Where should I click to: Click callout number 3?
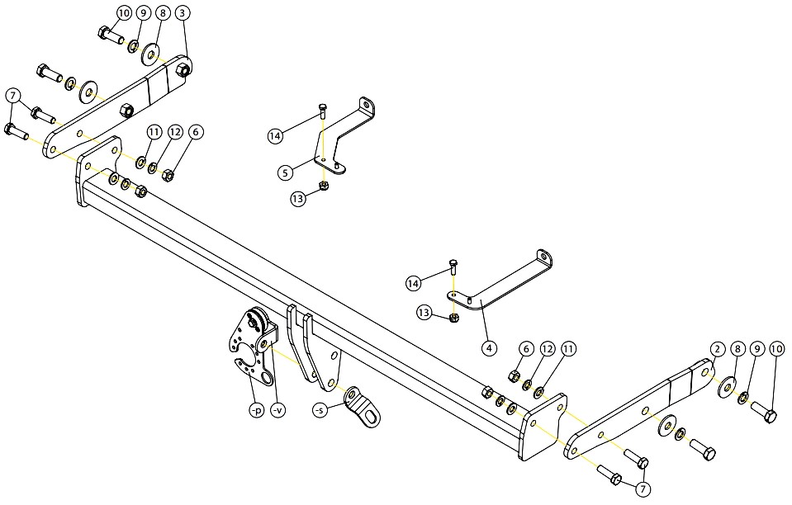[x=183, y=14]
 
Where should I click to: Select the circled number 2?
[x=718, y=349]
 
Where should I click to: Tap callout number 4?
[x=488, y=348]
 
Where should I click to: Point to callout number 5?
[x=286, y=172]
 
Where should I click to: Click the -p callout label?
[x=257, y=411]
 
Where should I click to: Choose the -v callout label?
[x=277, y=411]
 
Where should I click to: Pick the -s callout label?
[x=320, y=411]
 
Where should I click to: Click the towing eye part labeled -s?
[x=363, y=408]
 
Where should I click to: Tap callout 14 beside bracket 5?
[x=275, y=135]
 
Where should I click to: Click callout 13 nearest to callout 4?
[x=424, y=314]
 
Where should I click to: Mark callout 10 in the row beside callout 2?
[x=776, y=349]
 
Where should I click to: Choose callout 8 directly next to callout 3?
[x=164, y=14]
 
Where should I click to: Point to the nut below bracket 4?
[x=453, y=318]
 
